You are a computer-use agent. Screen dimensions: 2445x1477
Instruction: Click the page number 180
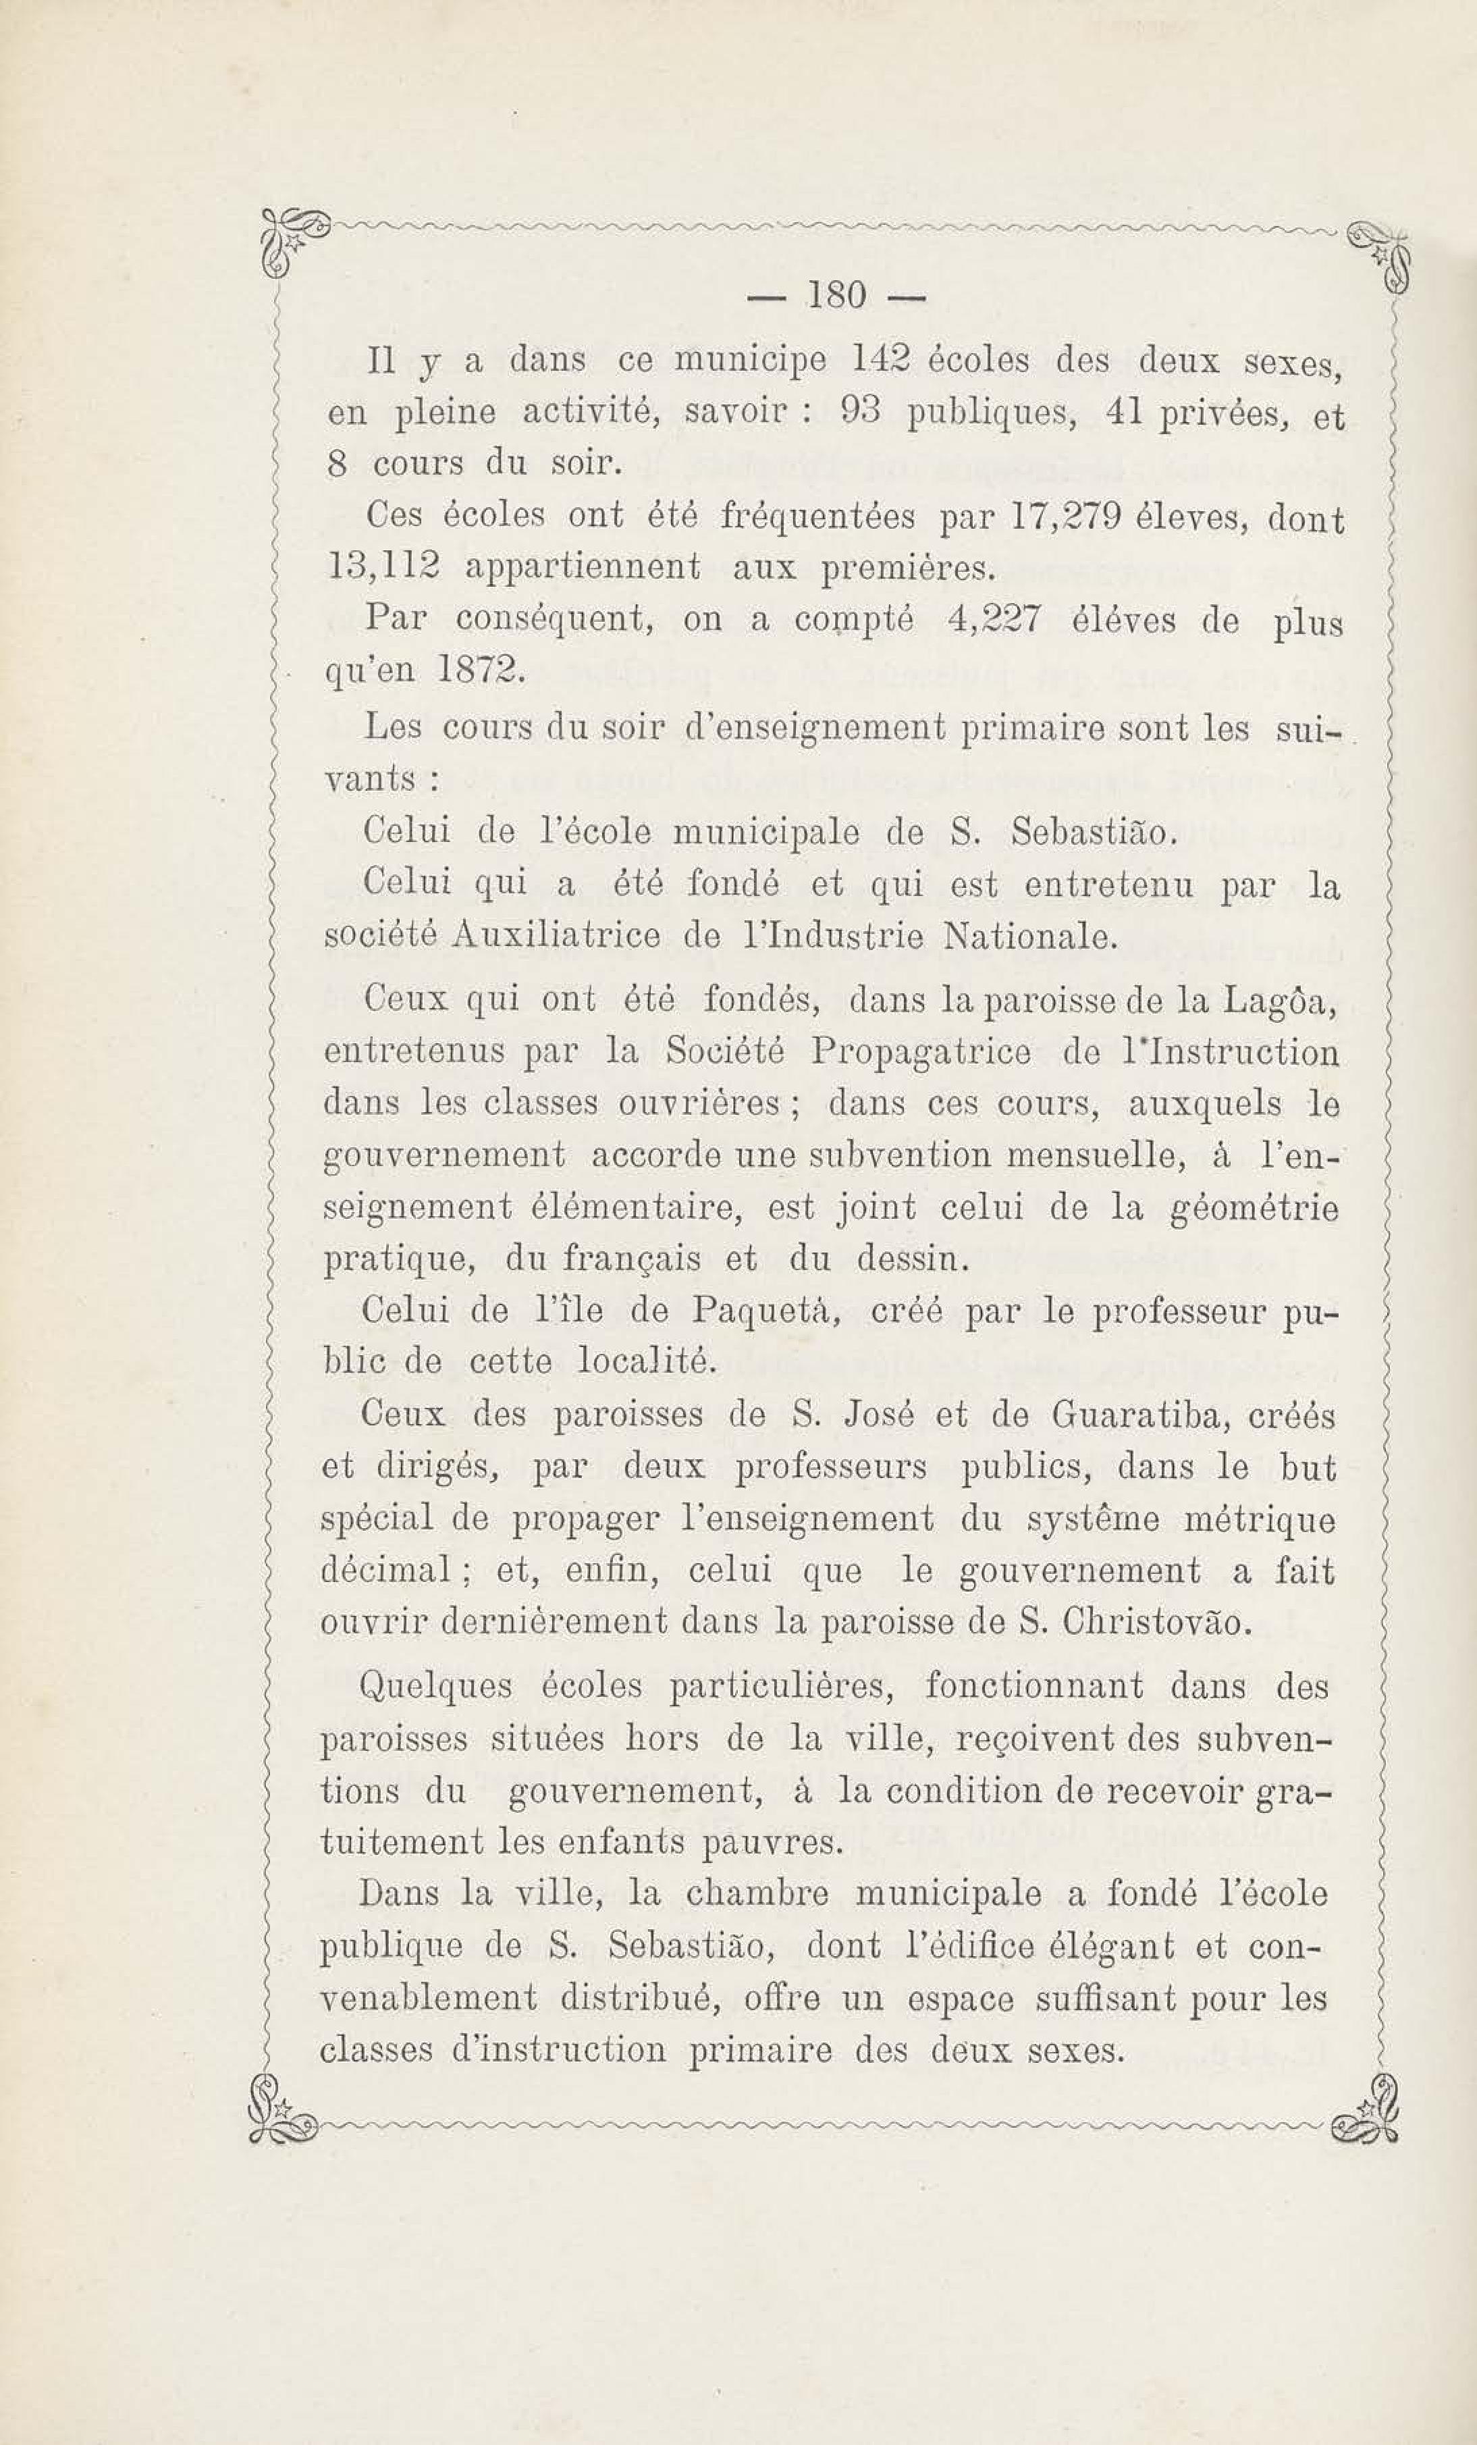pyautogui.click(x=838, y=296)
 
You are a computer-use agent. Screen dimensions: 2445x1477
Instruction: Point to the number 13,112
pyautogui.click(x=382, y=568)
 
